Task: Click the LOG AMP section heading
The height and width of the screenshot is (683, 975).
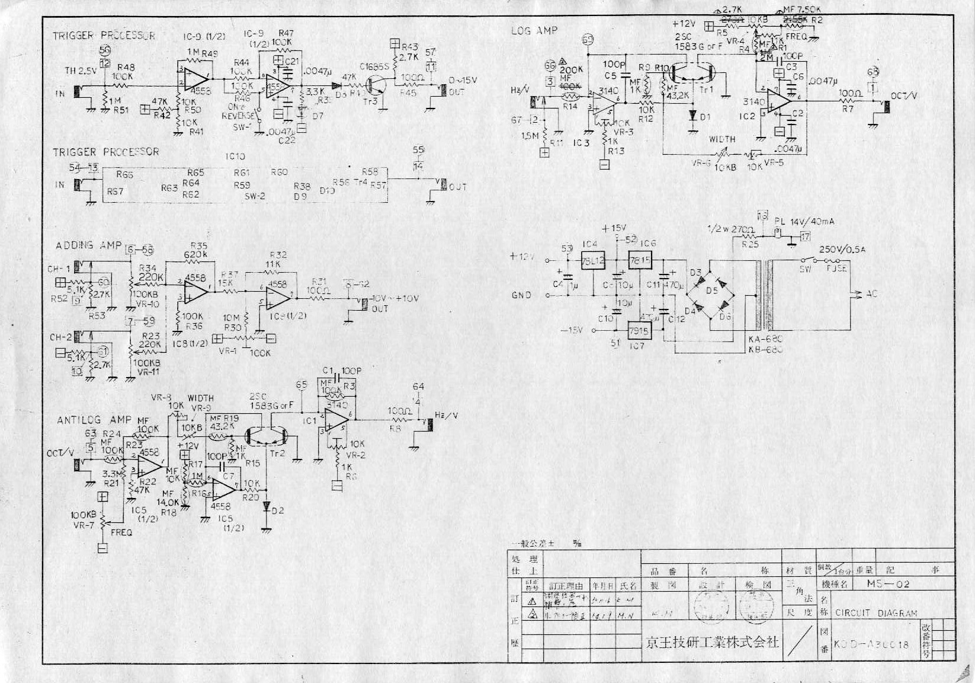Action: pos(534,30)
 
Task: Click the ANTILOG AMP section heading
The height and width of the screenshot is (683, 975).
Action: pos(94,420)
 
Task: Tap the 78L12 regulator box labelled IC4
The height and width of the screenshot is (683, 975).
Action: pos(593,261)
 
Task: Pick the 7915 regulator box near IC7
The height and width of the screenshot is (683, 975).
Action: pos(640,330)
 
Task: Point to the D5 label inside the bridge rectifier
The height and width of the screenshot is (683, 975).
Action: pos(711,291)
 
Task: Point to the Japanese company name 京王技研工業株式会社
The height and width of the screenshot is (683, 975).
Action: pos(711,642)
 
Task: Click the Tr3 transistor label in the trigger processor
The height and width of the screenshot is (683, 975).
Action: pos(371,102)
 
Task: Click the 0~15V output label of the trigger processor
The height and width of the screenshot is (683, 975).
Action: pos(463,80)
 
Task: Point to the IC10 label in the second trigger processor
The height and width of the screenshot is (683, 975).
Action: pos(235,157)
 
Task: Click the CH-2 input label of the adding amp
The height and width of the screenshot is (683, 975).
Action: pos(60,337)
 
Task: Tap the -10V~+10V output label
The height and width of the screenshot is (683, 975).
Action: pos(395,298)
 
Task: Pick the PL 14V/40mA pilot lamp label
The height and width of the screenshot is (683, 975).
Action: pos(804,222)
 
